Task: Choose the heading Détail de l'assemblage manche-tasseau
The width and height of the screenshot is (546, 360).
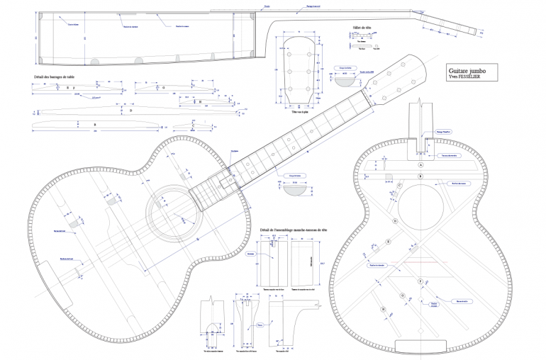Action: pos(294,230)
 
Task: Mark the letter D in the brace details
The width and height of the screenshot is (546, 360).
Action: pos(130,110)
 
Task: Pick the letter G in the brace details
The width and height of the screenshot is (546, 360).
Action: pos(163,88)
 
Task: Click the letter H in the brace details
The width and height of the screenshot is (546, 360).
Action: pos(201,101)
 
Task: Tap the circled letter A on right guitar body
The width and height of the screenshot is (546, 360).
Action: pos(420,164)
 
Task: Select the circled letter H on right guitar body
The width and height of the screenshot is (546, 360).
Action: pos(383,310)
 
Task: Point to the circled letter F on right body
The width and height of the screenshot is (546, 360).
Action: pos(420,281)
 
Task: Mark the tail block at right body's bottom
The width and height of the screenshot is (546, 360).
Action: pos(418,347)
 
